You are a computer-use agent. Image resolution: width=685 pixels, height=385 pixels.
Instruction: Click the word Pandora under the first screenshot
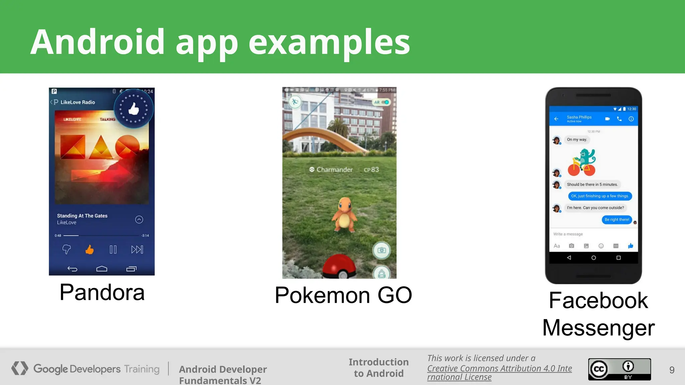click(102, 292)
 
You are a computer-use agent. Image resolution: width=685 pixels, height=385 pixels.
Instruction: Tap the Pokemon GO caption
click(343, 295)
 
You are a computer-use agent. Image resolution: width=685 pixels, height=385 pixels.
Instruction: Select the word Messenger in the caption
click(598, 328)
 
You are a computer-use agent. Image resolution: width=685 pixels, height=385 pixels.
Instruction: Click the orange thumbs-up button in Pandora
click(89, 250)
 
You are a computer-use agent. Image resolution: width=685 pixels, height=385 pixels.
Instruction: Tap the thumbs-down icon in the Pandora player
click(67, 249)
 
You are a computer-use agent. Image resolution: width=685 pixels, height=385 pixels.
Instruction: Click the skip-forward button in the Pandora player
click(137, 250)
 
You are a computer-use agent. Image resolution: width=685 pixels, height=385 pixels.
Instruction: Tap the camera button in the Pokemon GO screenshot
click(382, 250)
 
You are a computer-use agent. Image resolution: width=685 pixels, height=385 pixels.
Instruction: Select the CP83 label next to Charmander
click(371, 170)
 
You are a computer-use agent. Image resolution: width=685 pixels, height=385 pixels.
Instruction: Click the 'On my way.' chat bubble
click(577, 140)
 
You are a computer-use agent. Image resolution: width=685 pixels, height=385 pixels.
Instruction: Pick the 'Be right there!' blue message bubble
click(617, 220)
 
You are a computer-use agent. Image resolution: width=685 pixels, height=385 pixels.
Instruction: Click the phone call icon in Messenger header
click(619, 119)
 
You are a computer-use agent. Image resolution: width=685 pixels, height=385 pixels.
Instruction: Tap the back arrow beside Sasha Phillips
click(556, 119)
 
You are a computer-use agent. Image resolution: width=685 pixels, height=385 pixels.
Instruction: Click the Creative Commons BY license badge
click(619, 369)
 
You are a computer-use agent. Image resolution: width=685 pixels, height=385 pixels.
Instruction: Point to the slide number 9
click(672, 370)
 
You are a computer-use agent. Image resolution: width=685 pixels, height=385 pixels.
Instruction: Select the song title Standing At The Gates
click(82, 216)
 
